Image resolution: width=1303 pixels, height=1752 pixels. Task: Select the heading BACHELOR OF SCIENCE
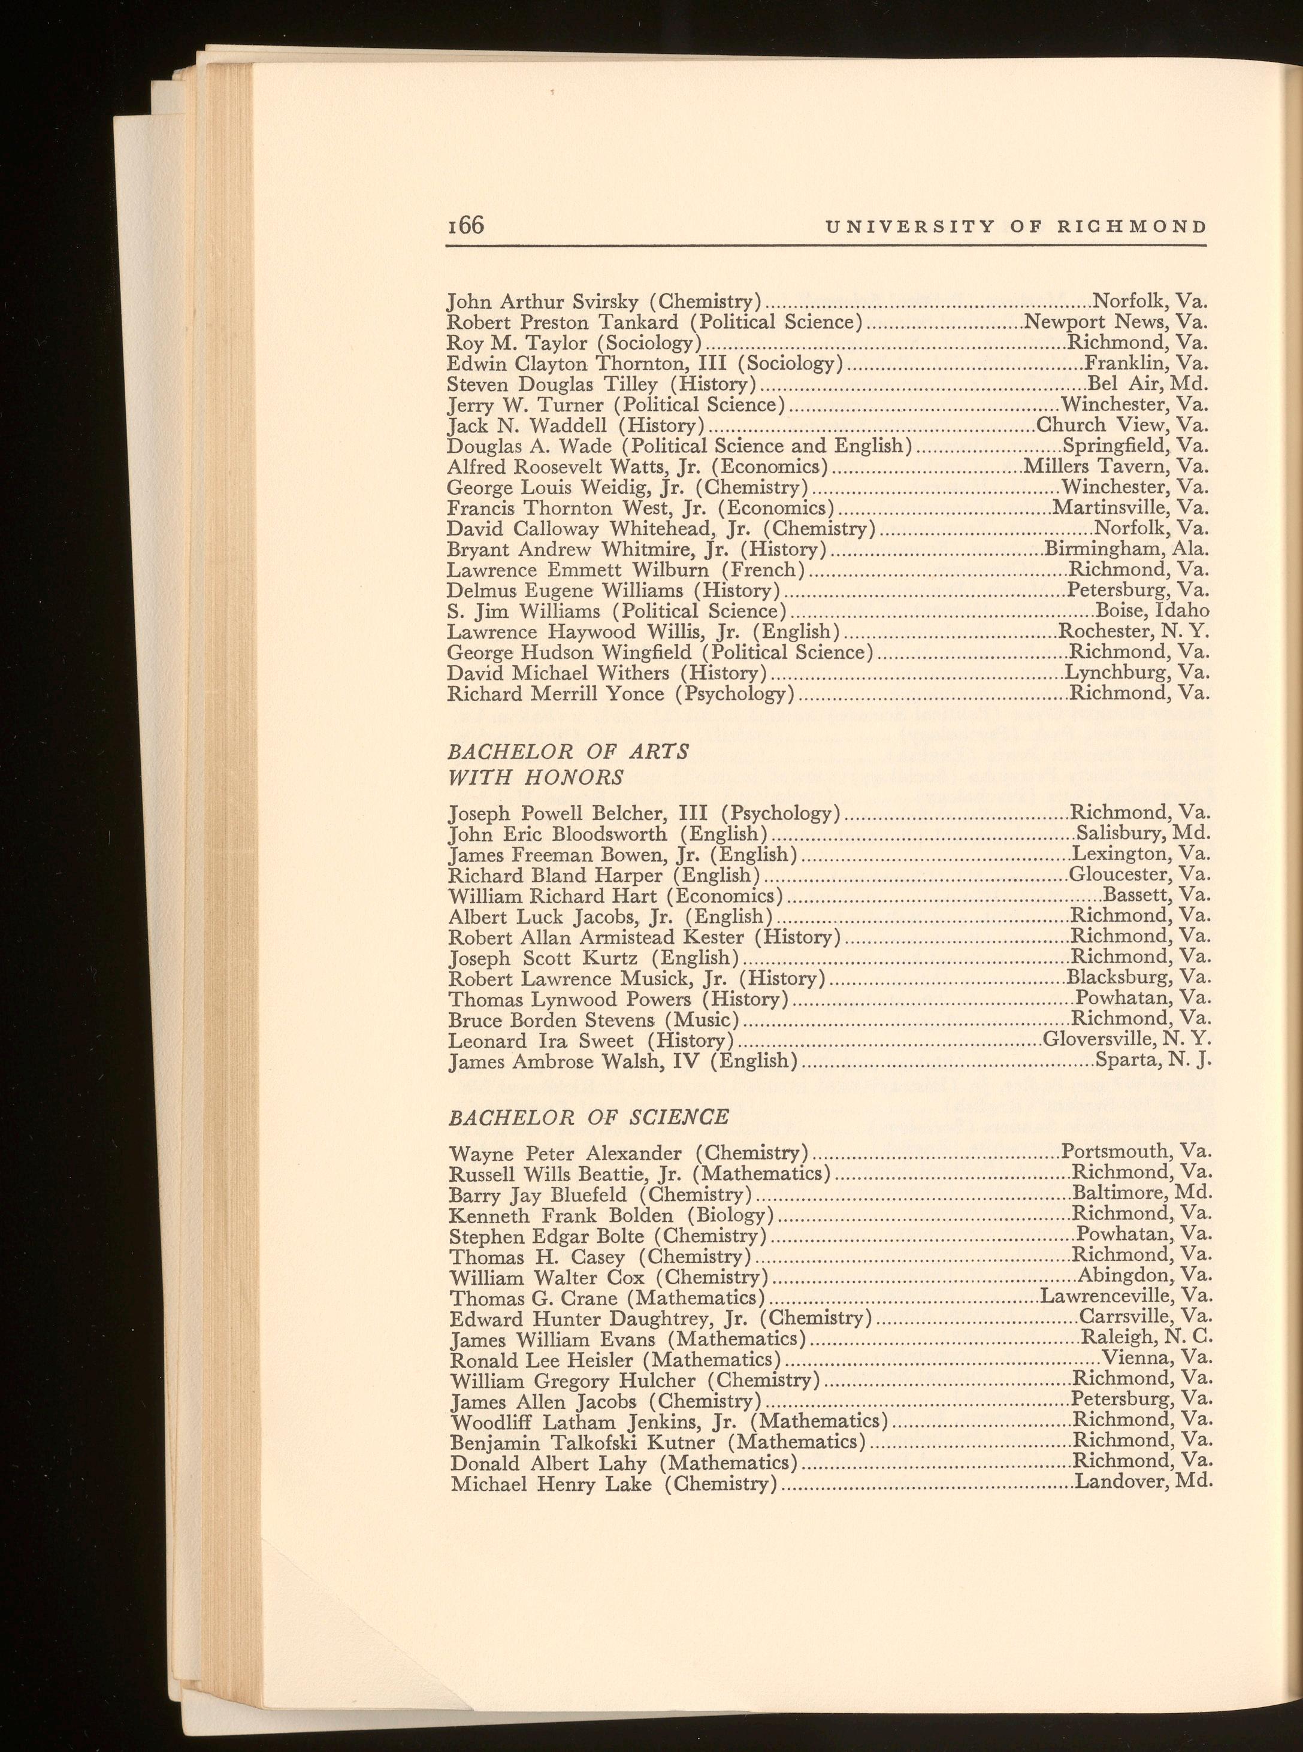point(588,1116)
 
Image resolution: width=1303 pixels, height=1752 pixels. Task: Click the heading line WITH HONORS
point(536,777)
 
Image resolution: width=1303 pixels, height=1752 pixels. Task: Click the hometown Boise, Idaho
point(1153,611)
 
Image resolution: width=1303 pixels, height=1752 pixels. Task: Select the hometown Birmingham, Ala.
point(1126,549)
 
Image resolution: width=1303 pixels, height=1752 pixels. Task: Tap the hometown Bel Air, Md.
point(1148,384)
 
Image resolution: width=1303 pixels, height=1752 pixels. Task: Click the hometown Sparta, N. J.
point(1153,1061)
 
